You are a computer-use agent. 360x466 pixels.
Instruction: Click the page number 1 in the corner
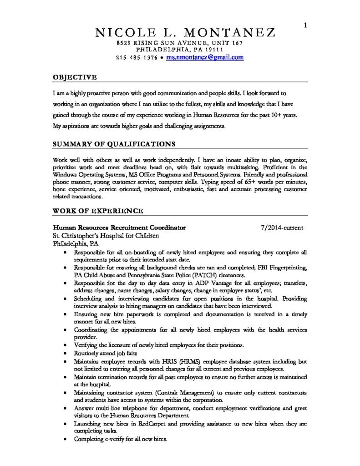pyautogui.click(x=305, y=25)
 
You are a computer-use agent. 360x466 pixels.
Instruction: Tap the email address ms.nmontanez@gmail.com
pyautogui.click(x=204, y=58)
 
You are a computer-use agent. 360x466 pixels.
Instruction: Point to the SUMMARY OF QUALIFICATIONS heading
pyautogui.click(x=114, y=144)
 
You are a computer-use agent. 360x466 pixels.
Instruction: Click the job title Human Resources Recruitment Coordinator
pyautogui.click(x=119, y=227)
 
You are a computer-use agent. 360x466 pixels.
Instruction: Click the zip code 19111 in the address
pyautogui.click(x=213, y=49)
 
